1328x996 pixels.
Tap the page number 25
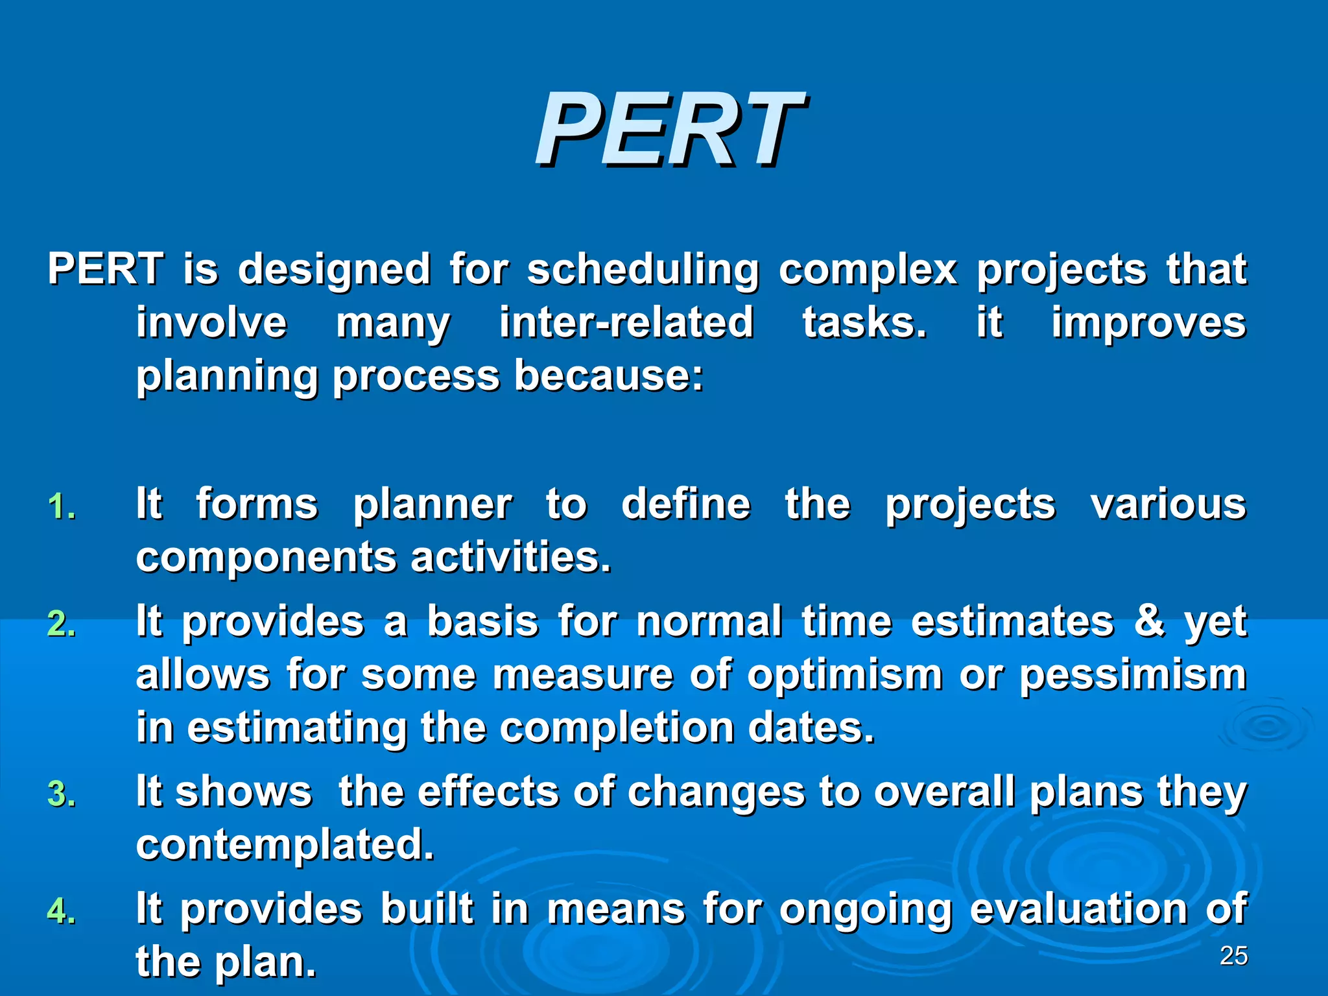[x=1233, y=956]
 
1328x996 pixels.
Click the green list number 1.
[x=62, y=507]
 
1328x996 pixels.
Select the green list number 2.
[x=62, y=624]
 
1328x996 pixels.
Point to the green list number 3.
[x=62, y=794]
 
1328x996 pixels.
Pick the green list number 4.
[x=62, y=911]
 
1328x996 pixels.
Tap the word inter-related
[x=626, y=323]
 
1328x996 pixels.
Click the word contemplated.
[x=285, y=846]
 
